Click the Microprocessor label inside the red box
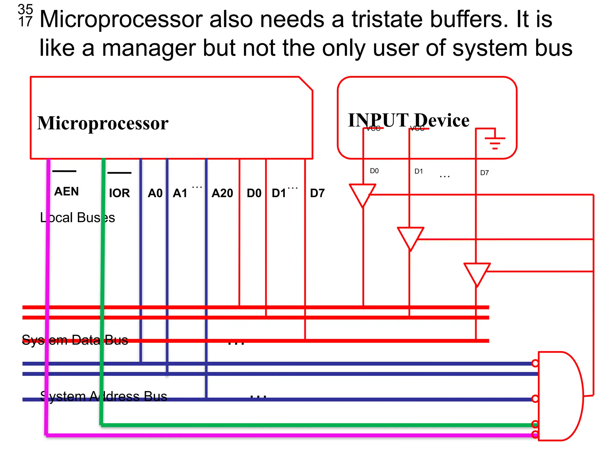pos(103,123)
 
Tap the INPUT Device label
pos(408,120)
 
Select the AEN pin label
pos(67,191)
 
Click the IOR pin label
pos(119,193)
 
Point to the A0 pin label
pos(155,193)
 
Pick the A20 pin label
pos(222,193)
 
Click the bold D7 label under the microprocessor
pos(317,193)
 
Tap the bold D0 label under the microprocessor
pos(254,193)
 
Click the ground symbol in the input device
pos(495,143)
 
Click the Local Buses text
pos(77,218)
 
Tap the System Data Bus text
pos(75,340)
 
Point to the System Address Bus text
pos(103,396)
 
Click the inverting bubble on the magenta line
pos(535,434)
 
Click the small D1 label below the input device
pos(419,171)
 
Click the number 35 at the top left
pos(25,9)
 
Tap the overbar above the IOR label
pos(119,173)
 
